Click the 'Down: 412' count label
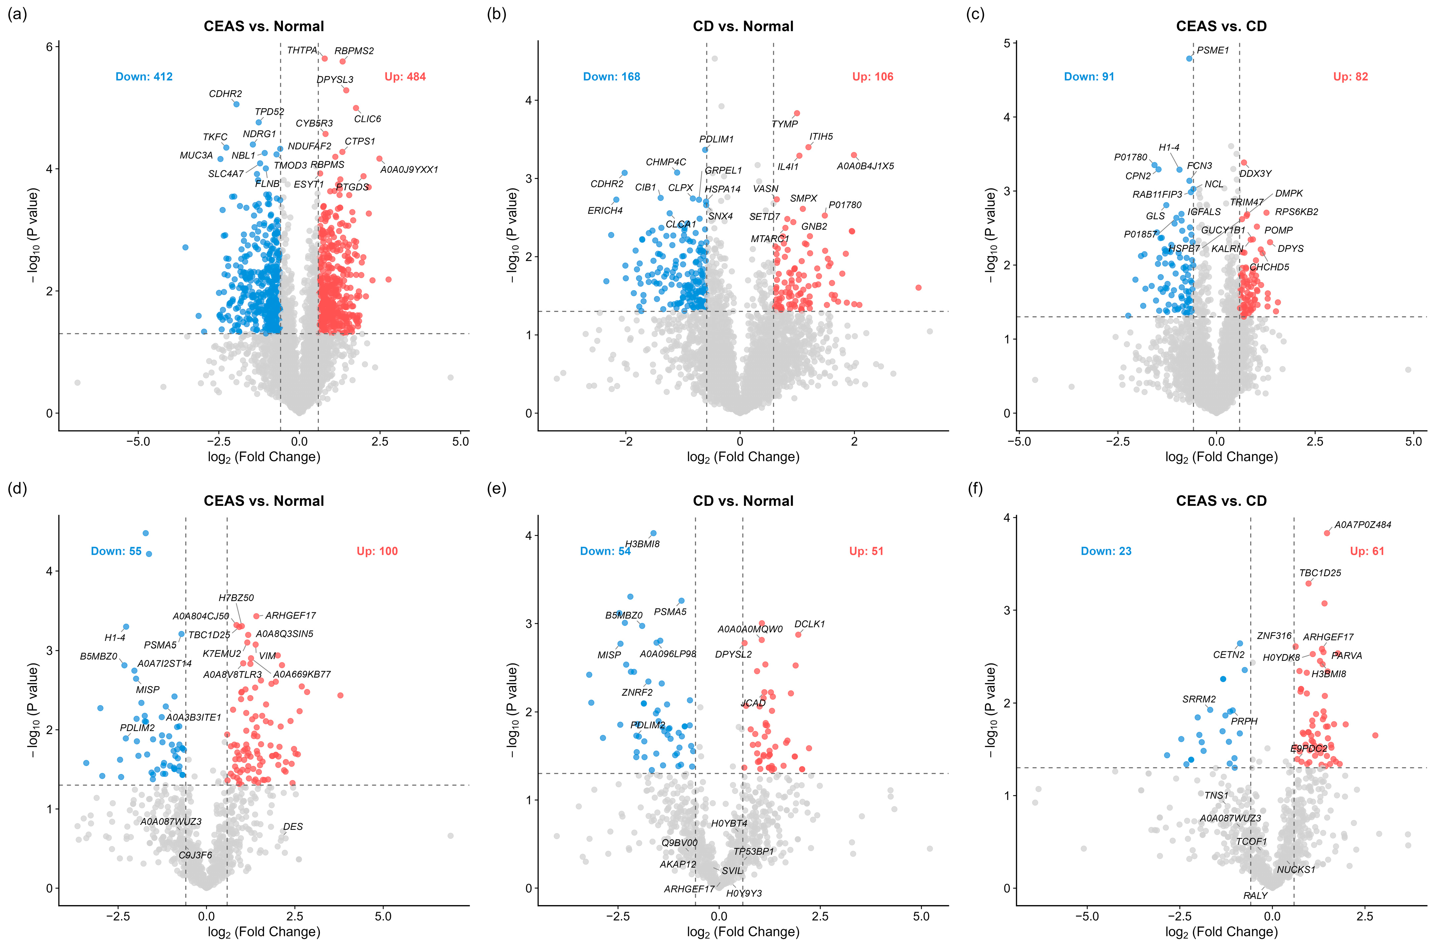coord(144,77)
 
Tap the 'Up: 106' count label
coord(873,77)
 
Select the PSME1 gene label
coord(1212,50)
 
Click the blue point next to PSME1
coord(1189,59)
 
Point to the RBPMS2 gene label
coord(354,51)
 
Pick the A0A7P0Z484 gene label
coord(1363,524)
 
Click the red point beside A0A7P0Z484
coord(1327,533)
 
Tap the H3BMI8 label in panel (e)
coord(642,544)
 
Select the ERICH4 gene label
coord(605,210)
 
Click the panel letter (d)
coord(17,488)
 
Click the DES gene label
coord(293,826)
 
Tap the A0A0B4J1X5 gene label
coord(865,166)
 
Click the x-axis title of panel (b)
coord(743,457)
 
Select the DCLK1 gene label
coord(809,624)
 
